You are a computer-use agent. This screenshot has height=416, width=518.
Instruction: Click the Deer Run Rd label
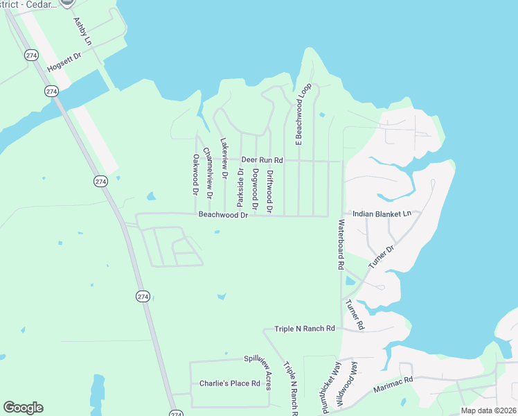262,160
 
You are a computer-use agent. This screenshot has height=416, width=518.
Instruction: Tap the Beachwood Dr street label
223,215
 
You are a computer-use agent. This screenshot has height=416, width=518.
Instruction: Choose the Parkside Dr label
240,187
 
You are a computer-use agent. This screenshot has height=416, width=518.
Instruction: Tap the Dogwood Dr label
255,189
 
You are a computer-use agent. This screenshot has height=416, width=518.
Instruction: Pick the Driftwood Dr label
269,191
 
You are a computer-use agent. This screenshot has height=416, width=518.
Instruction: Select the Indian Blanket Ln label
382,214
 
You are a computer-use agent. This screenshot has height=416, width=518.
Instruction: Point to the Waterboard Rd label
341,244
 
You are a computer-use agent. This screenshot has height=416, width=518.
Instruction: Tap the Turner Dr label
381,257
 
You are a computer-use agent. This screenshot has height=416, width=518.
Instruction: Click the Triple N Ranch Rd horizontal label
305,329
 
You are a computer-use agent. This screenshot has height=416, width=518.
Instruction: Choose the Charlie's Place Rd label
229,383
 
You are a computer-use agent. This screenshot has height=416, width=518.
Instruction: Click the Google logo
23,408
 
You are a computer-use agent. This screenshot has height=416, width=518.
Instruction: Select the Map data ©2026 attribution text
488,410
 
